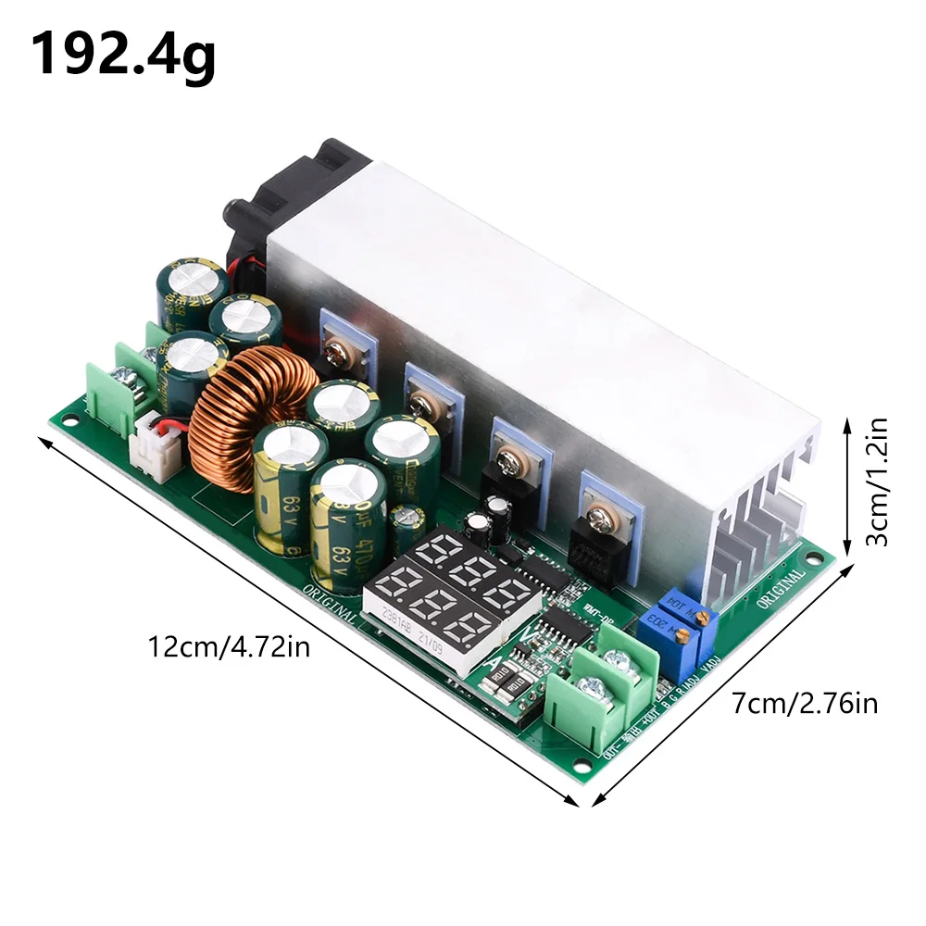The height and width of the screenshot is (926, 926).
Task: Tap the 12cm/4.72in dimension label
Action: click(x=229, y=645)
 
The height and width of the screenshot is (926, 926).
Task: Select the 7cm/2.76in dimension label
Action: click(x=804, y=703)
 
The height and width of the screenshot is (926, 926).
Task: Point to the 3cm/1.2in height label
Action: click(x=875, y=482)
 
